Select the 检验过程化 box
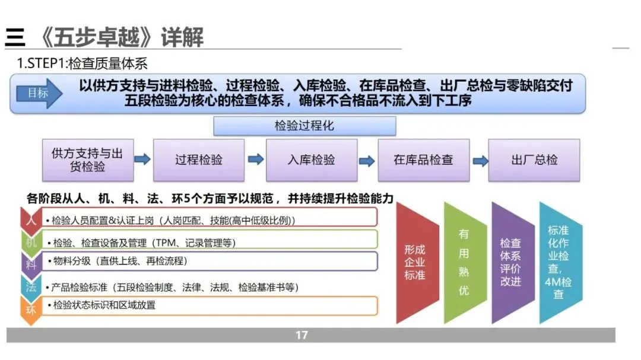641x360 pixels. tap(304, 126)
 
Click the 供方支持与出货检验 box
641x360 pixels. tap(88, 160)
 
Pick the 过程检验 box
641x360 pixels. tap(199, 160)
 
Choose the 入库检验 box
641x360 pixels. tap(311, 160)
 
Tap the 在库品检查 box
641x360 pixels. tap(423, 160)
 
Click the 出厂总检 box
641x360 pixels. tap(534, 160)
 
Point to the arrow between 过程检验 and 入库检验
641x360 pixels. tap(255, 160)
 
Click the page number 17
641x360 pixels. tap(302, 335)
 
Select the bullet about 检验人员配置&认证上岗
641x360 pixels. tap(174, 221)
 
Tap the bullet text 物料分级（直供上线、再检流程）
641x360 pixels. tap(119, 261)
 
